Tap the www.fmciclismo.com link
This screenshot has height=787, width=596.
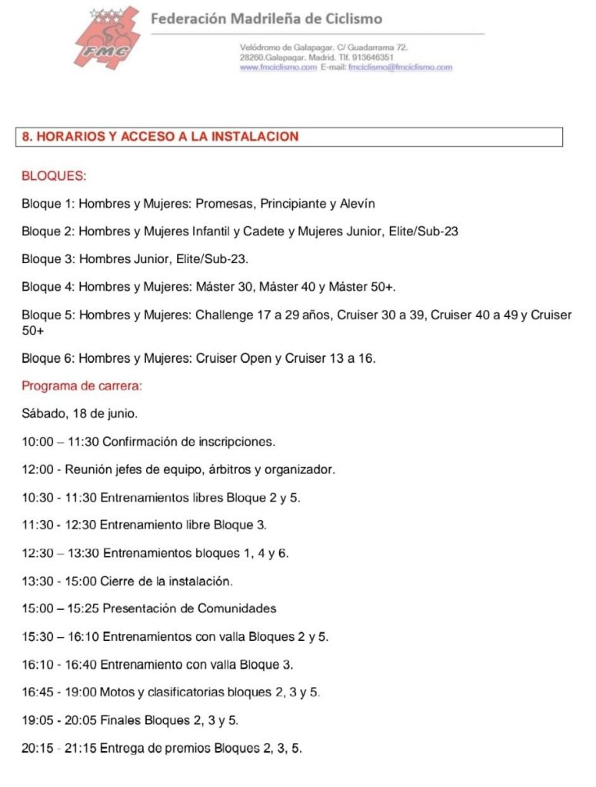[x=278, y=68]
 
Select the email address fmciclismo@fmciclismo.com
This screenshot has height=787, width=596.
[x=400, y=68]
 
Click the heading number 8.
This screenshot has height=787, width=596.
[x=26, y=137]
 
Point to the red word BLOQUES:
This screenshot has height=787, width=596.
[x=54, y=176]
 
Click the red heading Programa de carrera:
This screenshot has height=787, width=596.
[x=82, y=386]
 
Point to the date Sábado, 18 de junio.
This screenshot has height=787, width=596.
[x=80, y=414]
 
